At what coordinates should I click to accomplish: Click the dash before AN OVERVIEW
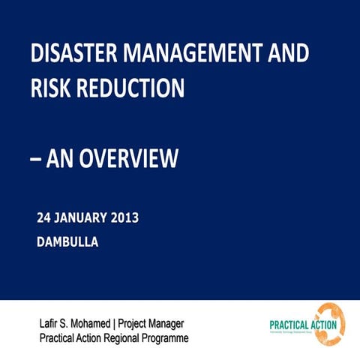coord(36,159)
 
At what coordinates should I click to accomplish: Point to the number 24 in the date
coord(45,219)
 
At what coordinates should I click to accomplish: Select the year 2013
coord(124,219)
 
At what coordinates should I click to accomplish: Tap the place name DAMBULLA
coord(67,242)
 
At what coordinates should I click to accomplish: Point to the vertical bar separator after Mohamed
coord(122,324)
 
